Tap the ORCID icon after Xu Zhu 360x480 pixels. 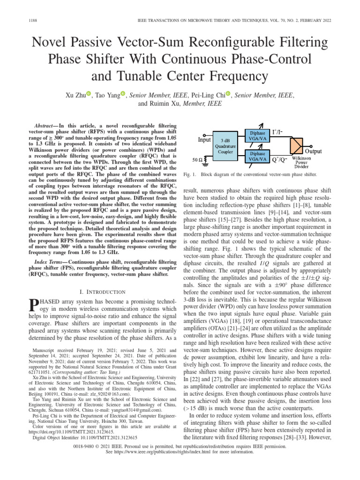(88, 95)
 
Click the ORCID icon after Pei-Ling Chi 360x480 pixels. (228, 95)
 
